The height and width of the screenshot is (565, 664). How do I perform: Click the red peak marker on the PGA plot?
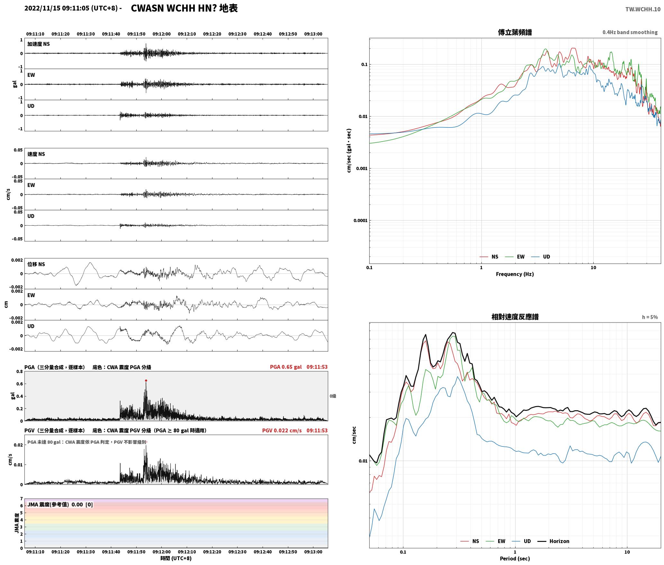[x=146, y=380]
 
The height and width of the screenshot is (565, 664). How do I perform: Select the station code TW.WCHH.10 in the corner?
[x=643, y=9]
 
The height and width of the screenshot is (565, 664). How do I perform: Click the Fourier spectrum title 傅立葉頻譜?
[x=515, y=32]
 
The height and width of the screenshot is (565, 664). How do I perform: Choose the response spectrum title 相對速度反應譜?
[x=515, y=317]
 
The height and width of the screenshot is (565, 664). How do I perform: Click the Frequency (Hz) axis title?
[x=515, y=274]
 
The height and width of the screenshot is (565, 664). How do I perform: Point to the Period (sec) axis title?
[x=515, y=559]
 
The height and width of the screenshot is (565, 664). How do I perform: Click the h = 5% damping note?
[x=650, y=317]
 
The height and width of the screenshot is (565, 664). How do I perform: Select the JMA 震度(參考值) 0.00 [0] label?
[x=60, y=505]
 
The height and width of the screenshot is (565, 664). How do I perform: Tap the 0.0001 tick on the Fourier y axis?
[x=360, y=221]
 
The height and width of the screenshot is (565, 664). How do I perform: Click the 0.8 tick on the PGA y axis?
[x=20, y=372]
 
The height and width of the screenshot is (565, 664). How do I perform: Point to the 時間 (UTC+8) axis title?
[x=176, y=558]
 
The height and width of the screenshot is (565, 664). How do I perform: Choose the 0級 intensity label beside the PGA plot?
[x=333, y=396]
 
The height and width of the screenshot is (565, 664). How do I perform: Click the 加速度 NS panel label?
[x=39, y=44]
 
